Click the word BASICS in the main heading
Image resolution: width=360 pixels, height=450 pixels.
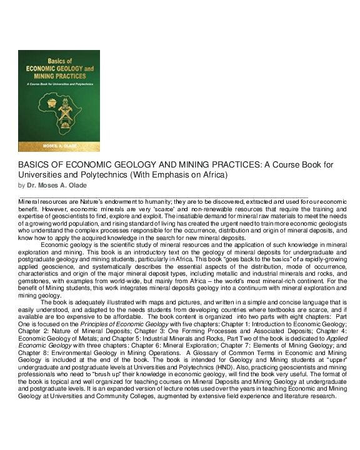pyautogui.click(x=35, y=165)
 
